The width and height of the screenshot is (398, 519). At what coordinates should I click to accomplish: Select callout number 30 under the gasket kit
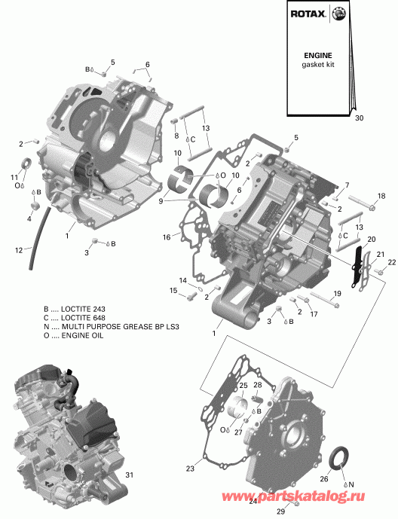point(359,118)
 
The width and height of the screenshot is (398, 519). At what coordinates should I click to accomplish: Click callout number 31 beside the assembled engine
point(129,475)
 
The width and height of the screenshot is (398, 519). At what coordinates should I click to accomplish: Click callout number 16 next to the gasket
point(167,237)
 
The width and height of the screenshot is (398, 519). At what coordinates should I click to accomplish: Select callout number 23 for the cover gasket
point(190,469)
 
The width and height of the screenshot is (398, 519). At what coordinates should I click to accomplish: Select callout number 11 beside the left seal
point(14,177)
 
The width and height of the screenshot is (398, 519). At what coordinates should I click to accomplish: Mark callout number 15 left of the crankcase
point(173,291)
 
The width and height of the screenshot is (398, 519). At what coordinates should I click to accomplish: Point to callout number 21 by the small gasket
point(380,254)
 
